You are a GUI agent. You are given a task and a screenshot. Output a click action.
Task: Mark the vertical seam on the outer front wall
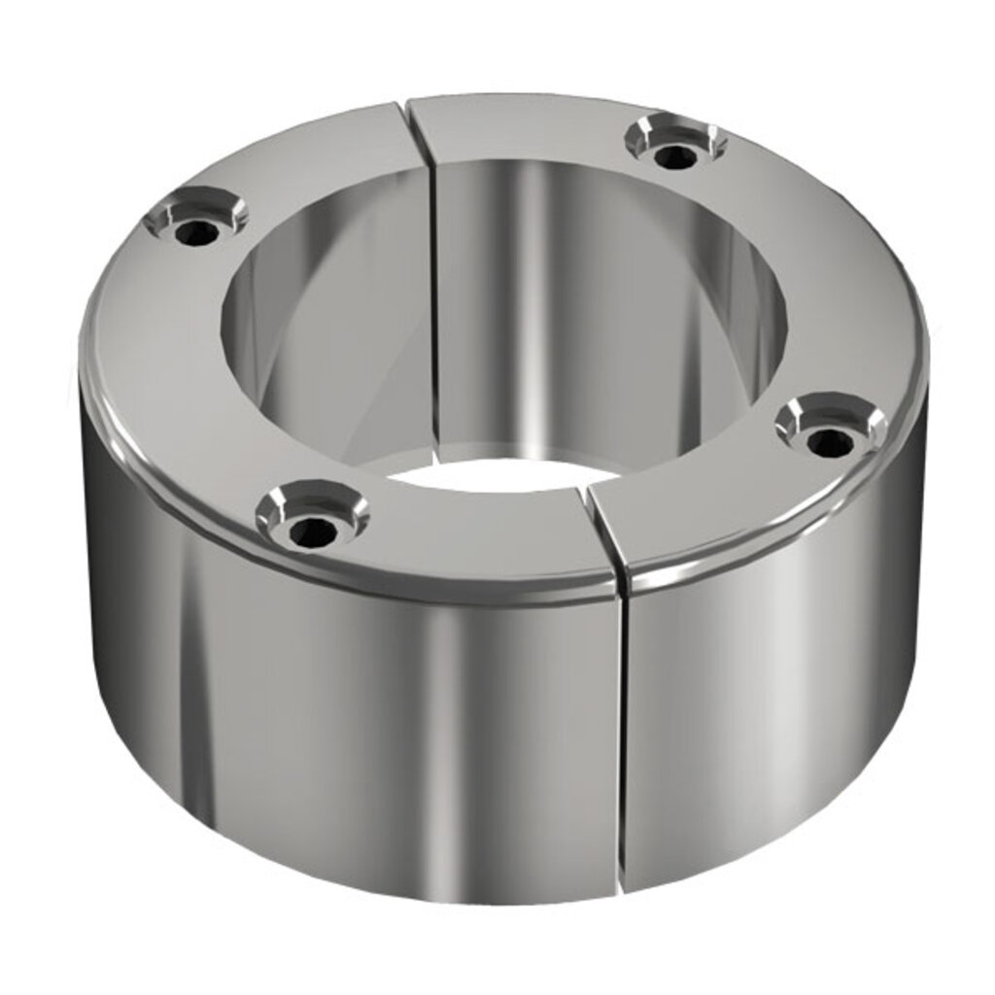pos(620,738)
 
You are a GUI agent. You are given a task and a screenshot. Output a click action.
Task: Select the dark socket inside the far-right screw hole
pos(830,443)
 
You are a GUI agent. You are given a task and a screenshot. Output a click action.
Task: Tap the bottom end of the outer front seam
pos(622,889)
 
